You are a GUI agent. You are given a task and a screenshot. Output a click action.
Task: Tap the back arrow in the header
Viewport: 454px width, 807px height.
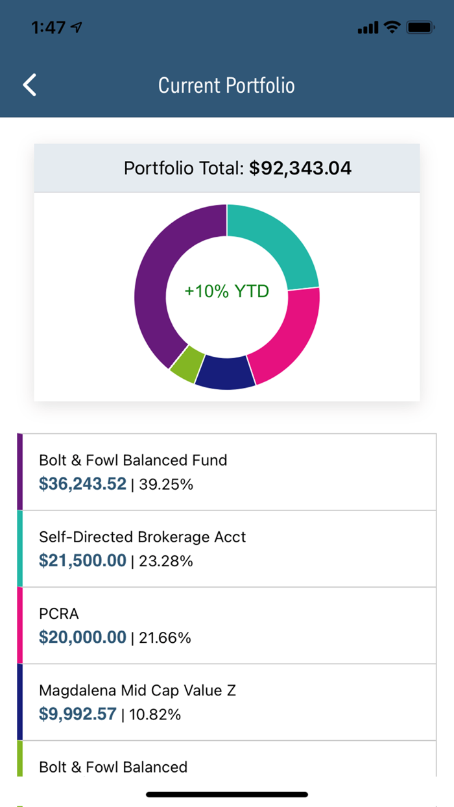30,86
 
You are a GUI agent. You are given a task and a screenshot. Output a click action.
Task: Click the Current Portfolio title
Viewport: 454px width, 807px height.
226,86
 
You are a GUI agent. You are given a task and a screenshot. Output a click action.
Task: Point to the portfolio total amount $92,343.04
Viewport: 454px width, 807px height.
300,169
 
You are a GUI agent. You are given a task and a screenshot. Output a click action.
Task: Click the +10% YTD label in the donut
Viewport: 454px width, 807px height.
226,291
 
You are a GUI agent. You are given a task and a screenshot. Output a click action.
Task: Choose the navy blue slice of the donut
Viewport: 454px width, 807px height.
224,375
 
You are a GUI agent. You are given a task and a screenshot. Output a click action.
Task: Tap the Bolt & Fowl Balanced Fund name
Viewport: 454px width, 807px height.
133,461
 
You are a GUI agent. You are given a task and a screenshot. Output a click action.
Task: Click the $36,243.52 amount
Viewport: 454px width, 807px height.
82,484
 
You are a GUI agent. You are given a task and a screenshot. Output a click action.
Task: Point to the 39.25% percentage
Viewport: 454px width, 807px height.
166,485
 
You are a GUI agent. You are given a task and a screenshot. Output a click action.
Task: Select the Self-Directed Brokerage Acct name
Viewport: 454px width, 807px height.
142,537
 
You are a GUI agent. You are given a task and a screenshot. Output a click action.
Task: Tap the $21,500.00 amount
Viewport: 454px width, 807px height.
82,560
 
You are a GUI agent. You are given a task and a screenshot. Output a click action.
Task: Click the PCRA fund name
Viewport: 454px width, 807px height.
58,614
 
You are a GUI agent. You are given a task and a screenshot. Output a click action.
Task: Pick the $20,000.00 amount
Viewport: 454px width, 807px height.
82,638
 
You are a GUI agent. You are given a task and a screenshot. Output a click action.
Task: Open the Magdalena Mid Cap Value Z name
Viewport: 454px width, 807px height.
137,690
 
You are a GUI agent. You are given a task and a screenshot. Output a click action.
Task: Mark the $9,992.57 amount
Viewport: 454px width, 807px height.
77,714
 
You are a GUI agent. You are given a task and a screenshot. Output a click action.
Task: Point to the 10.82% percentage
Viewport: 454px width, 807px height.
155,715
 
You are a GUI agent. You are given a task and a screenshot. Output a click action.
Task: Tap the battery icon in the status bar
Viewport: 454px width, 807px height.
420,28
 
